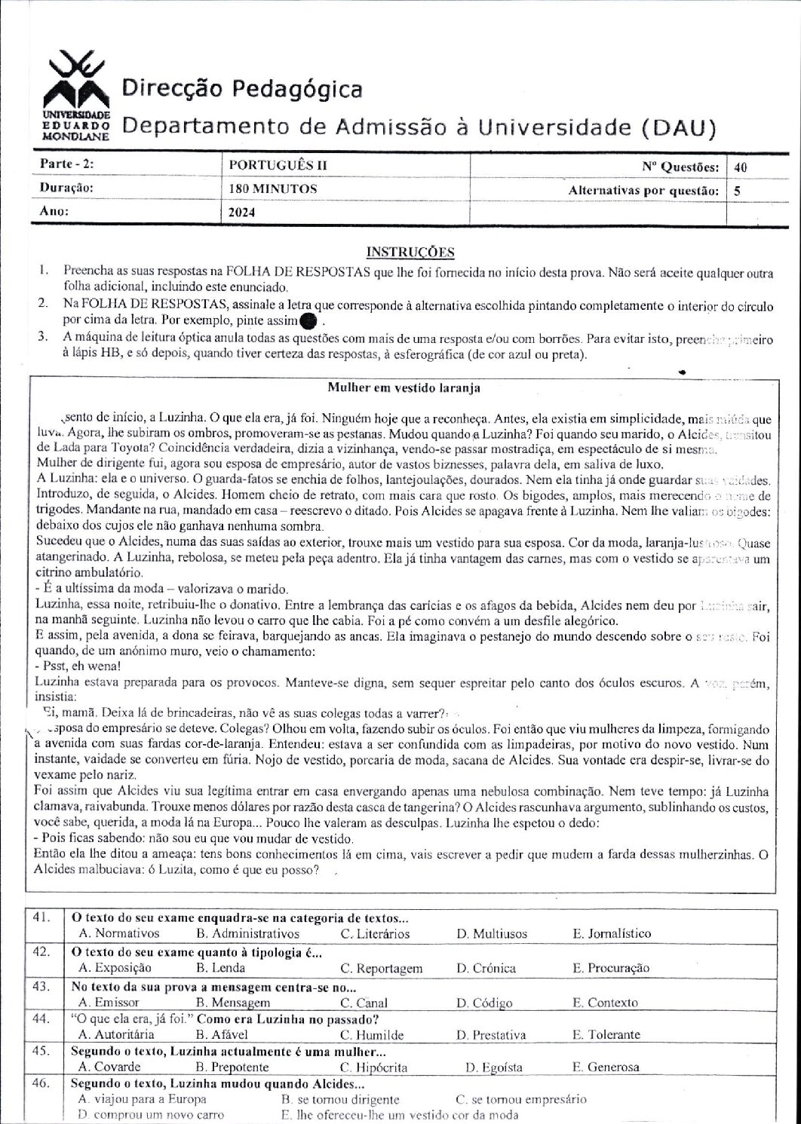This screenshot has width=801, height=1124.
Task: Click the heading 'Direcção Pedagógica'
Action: (241, 90)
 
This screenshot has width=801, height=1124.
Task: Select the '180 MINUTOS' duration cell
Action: (273, 188)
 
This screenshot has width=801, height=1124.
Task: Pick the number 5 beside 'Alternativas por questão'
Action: (737, 191)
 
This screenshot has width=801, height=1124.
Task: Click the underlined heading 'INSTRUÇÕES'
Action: (410, 251)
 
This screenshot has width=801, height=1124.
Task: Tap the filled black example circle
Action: (307, 323)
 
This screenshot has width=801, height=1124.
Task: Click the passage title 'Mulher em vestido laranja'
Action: (404, 387)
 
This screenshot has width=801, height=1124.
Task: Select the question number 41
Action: (41, 917)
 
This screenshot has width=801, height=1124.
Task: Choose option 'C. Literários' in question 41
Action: (375, 933)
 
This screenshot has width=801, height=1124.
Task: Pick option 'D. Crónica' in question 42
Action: (486, 968)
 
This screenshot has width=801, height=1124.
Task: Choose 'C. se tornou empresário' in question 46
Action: (521, 1099)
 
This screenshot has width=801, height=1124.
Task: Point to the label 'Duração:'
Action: (67, 188)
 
